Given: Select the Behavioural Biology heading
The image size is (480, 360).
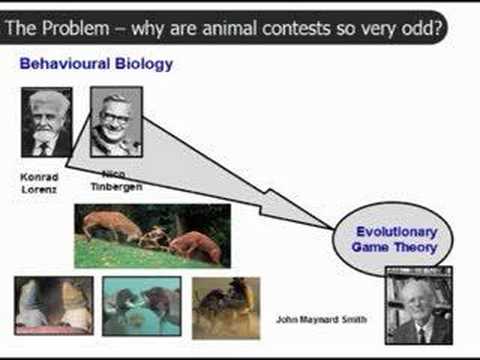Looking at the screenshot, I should pos(96,64).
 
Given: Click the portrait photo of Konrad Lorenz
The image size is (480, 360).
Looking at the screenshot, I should pos(46,122).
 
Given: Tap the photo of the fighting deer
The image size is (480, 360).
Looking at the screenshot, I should pos(152,236).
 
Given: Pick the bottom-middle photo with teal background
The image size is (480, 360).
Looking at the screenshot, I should pos(141,306).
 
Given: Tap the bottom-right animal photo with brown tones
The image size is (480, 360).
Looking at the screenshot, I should pos(225,306).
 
